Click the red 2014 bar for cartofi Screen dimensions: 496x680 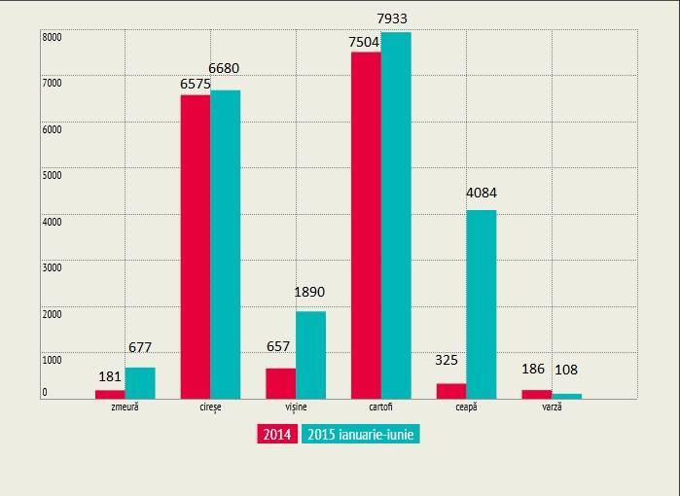pyautogui.click(x=366, y=225)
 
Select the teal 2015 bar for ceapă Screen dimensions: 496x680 pyautogui.click(x=481, y=303)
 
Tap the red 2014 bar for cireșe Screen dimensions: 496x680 pyautogui.click(x=196, y=246)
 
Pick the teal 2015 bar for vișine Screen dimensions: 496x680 pyautogui.click(x=310, y=354)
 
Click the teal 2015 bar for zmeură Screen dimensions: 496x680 pyautogui.click(x=139, y=382)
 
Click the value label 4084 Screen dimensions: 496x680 pyautogui.click(x=481, y=193)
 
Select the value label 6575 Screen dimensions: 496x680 pyautogui.click(x=196, y=85)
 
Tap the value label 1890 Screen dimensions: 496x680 pyautogui.click(x=309, y=292)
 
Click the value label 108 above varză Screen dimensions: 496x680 pyautogui.click(x=566, y=370)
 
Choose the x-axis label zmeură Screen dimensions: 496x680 pyautogui.click(x=125, y=407)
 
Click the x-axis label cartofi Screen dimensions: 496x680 pyautogui.click(x=380, y=407)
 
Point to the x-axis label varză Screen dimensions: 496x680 pyautogui.click(x=552, y=407)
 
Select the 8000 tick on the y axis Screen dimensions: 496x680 pyautogui.click(x=52, y=37)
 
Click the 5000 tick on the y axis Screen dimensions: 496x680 pyautogui.click(x=52, y=175)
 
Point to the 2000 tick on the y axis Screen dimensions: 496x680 pyautogui.click(x=52, y=313)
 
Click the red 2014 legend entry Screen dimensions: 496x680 pyautogui.click(x=277, y=435)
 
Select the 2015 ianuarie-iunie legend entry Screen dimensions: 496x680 pyautogui.click(x=361, y=435)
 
